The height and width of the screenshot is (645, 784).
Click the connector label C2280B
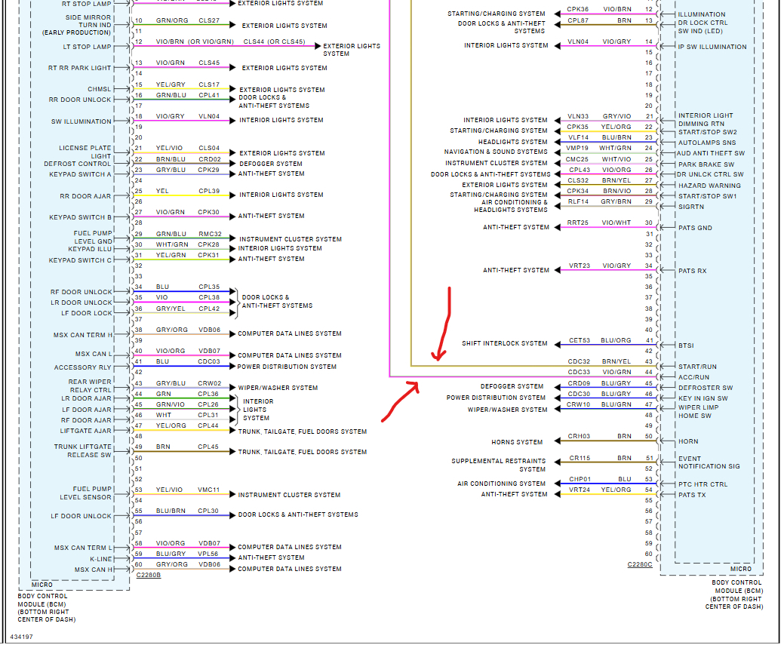(x=148, y=575)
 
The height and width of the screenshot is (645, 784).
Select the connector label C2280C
(x=639, y=564)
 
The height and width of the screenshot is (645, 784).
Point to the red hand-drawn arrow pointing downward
(x=444, y=324)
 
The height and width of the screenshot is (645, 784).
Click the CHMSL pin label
(x=99, y=89)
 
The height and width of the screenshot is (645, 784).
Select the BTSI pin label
(x=685, y=346)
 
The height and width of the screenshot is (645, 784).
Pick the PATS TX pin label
(x=693, y=494)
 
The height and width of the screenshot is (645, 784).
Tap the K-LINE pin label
(x=101, y=558)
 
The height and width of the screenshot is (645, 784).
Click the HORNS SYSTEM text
(x=517, y=442)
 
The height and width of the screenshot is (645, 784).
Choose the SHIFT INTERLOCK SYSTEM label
(x=505, y=343)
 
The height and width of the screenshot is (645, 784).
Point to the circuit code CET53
(x=579, y=340)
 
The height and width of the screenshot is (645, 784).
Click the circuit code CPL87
(x=578, y=20)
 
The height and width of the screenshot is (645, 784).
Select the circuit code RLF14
(x=578, y=201)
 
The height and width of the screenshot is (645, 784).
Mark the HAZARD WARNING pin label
(x=709, y=186)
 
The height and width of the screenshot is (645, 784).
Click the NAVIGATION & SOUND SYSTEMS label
(x=496, y=152)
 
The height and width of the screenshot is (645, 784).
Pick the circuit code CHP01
(x=579, y=478)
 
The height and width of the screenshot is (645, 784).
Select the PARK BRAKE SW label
(x=706, y=164)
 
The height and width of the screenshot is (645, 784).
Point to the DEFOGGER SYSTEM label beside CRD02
(x=271, y=163)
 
